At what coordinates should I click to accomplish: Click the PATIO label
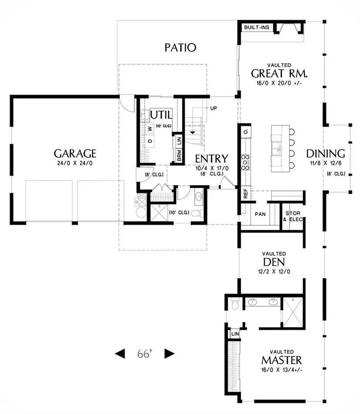180,48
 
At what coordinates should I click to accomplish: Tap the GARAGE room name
75,153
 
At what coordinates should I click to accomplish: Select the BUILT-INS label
257,27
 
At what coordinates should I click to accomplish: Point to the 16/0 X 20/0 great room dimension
279,83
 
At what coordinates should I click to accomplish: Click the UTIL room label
161,115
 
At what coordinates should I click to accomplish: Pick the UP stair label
214,108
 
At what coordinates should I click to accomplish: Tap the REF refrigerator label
246,193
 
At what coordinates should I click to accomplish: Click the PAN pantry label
260,214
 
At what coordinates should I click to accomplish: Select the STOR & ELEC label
293,216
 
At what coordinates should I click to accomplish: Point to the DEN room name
274,262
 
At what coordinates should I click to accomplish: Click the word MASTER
282,360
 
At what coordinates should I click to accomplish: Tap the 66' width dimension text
145,353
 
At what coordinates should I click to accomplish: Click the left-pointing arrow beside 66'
120,353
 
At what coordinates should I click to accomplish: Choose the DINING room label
326,153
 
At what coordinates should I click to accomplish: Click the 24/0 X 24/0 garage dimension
75,163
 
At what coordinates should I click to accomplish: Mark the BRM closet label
179,156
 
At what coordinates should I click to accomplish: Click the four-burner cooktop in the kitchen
246,162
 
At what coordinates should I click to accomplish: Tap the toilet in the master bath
234,304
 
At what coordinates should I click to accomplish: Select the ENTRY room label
211,159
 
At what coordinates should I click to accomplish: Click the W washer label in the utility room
150,129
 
